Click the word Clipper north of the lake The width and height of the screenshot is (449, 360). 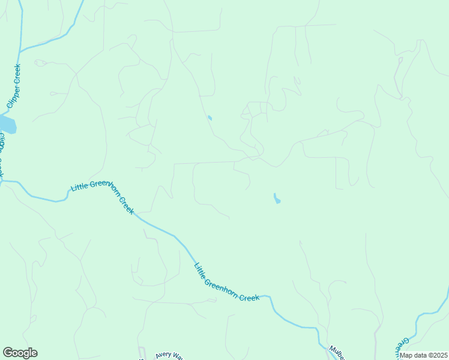(x=12, y=97)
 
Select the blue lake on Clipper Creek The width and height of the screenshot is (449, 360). (x=7, y=125)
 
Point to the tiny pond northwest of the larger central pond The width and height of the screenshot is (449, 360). (x=209, y=118)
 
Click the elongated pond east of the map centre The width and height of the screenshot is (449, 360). (x=276, y=198)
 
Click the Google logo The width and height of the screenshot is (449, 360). (x=20, y=353)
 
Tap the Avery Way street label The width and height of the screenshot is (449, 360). (x=169, y=355)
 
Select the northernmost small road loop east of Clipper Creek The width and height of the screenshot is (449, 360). (x=40, y=62)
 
